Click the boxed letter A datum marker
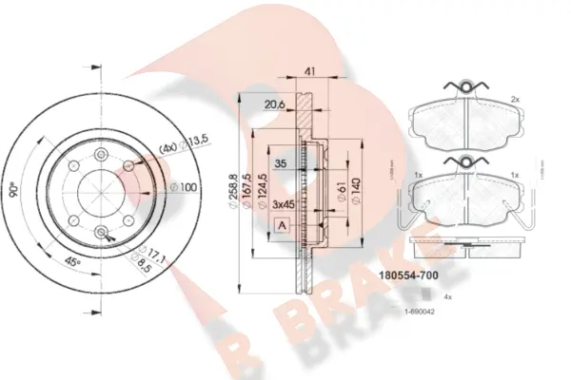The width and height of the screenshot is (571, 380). point(282,225)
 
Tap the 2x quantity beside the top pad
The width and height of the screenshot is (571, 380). point(515,98)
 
